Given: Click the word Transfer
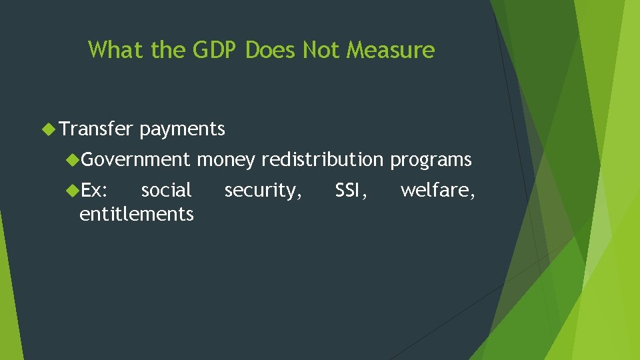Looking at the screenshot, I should (x=97, y=129).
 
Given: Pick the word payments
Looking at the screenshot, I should (x=183, y=129).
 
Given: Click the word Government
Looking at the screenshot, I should (x=136, y=160).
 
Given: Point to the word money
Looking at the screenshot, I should (x=226, y=160).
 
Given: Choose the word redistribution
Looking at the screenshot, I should (x=323, y=160).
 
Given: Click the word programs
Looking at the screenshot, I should (x=431, y=160).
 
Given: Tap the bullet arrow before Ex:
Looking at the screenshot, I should (x=72, y=191).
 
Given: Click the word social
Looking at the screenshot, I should (x=167, y=191).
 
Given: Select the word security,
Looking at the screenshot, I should (x=263, y=191).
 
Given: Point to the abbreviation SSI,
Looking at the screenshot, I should (x=351, y=191).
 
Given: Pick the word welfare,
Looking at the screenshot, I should (x=437, y=191).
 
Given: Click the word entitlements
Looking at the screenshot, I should (x=137, y=214).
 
